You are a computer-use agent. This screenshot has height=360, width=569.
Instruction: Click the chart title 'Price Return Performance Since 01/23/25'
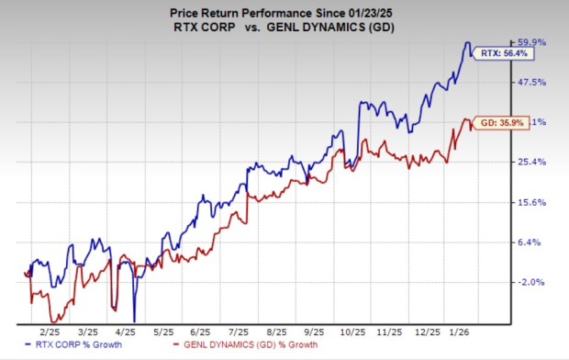[284, 11]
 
